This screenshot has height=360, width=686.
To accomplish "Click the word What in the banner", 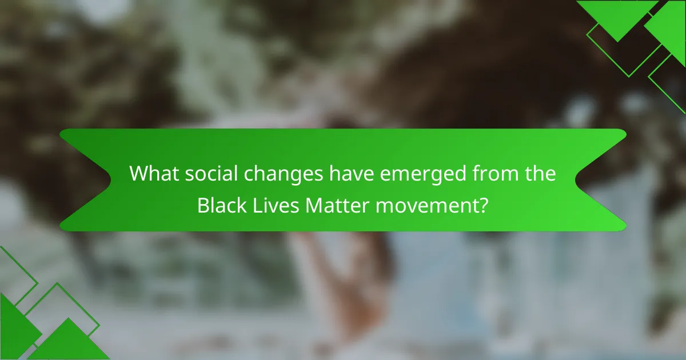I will coord(150,174).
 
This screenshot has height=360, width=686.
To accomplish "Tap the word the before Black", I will coord(537,174).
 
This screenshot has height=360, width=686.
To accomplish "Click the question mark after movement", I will coord(484,205).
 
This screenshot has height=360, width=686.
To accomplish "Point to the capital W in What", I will coord(139,174).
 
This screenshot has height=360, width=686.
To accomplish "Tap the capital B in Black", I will coord(202,205).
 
